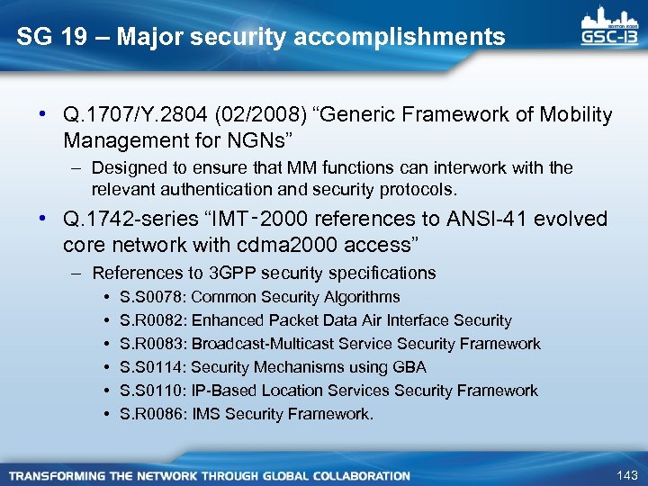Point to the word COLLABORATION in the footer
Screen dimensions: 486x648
click(356, 475)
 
